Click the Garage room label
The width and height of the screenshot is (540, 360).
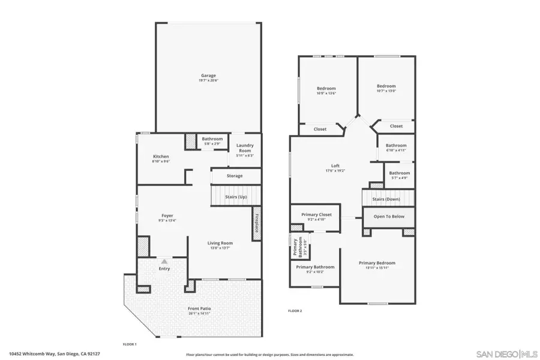click(x=208, y=76)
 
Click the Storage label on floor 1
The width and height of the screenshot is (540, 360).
click(x=235, y=176)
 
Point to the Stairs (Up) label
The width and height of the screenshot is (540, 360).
click(x=236, y=197)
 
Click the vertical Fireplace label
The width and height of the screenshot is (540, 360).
click(x=256, y=223)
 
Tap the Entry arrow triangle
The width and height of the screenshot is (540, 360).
click(x=164, y=261)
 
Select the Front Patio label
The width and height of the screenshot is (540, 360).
click(x=199, y=308)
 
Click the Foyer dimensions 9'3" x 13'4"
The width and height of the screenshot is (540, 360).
click(x=167, y=221)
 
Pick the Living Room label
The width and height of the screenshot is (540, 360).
click(x=220, y=243)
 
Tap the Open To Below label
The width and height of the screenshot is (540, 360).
click(x=388, y=217)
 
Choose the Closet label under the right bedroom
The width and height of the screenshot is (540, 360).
click(x=396, y=126)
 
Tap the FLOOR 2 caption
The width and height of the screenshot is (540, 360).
click(x=295, y=311)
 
